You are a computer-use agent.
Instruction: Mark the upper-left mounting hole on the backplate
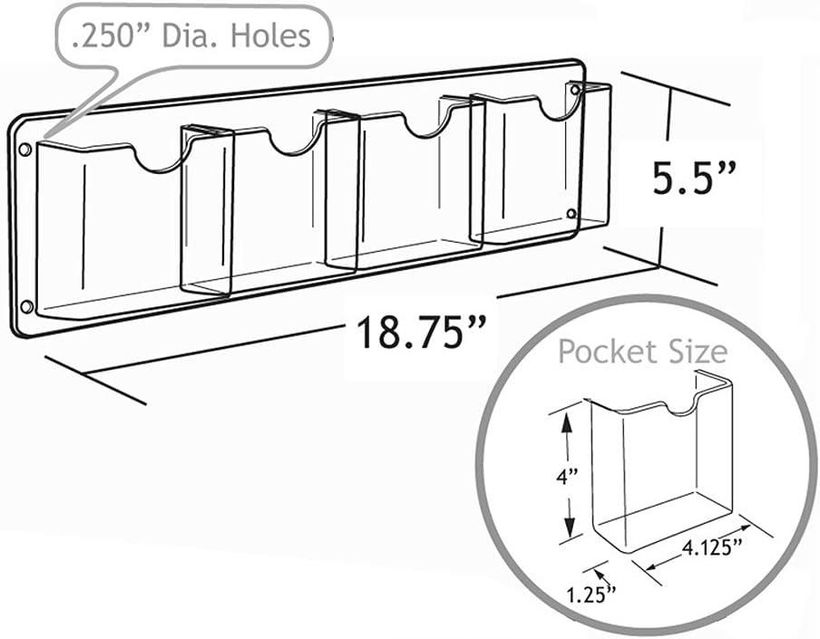click(x=25, y=148)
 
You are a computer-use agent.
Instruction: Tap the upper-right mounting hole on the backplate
click(x=574, y=92)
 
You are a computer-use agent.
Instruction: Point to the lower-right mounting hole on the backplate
click(x=571, y=214)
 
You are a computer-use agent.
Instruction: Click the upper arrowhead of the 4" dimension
click(x=567, y=417)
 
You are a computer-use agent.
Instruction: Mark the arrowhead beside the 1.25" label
click(x=600, y=571)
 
